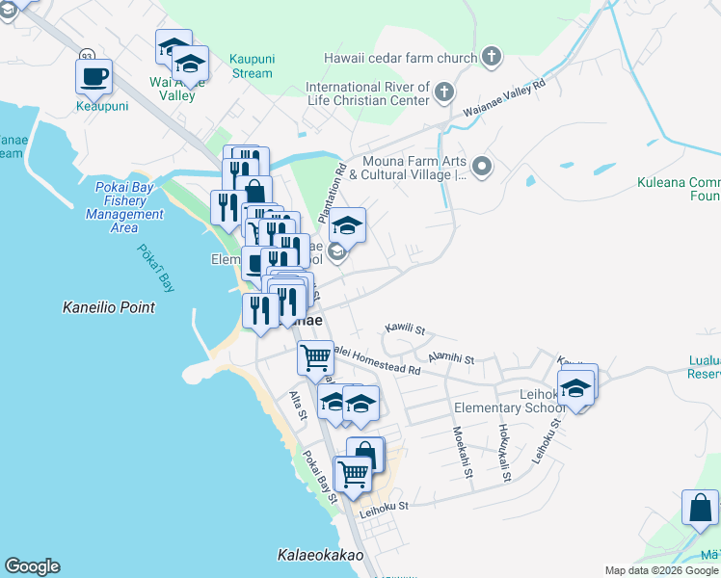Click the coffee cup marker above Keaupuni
[x=93, y=75]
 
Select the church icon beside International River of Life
[x=443, y=92]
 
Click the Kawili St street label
[x=405, y=328]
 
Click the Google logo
[x=32, y=566]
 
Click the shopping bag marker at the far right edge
[x=700, y=510]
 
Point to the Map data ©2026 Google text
[x=661, y=570]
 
